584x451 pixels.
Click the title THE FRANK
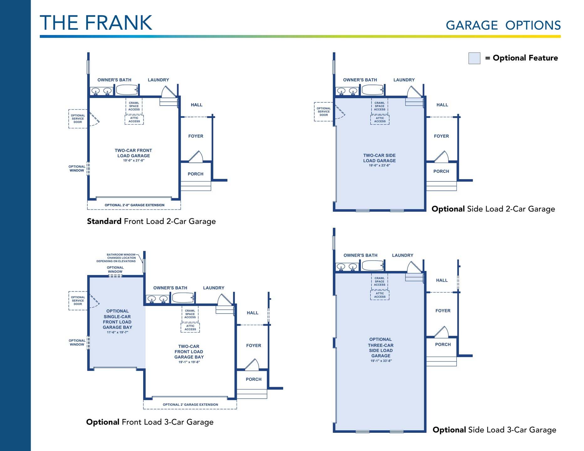pyautogui.click(x=96, y=23)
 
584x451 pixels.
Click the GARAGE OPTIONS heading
pyautogui.click(x=503, y=25)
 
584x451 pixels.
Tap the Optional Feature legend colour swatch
pyautogui.click(x=474, y=58)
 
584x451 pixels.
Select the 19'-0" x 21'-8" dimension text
pyautogui.click(x=134, y=161)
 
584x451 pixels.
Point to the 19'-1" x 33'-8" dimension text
pyautogui.click(x=381, y=361)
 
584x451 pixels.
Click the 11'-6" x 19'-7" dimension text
pyautogui.click(x=117, y=332)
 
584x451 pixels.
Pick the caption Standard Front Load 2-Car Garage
pyautogui.click(x=151, y=221)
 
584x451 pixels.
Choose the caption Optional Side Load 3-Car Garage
pyautogui.click(x=494, y=430)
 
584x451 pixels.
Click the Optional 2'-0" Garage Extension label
pyautogui.click(x=134, y=205)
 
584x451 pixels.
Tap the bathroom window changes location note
pyautogui.click(x=116, y=258)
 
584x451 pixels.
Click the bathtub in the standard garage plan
pyautogui.click(x=127, y=90)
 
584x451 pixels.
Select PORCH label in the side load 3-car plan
pyautogui.click(x=443, y=345)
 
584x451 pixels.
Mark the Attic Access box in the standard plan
pyautogui.click(x=134, y=120)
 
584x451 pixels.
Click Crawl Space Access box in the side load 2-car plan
pyautogui.click(x=380, y=106)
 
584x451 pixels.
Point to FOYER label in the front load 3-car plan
pyautogui.click(x=254, y=345)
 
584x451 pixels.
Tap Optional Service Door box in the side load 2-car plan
pyautogui.click(x=324, y=111)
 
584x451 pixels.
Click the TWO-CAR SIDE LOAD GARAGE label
pyautogui.click(x=379, y=158)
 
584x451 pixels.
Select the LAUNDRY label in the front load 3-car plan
pyautogui.click(x=214, y=288)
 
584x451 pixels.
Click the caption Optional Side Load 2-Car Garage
pyautogui.click(x=493, y=209)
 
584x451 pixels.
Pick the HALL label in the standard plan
pyautogui.click(x=197, y=105)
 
